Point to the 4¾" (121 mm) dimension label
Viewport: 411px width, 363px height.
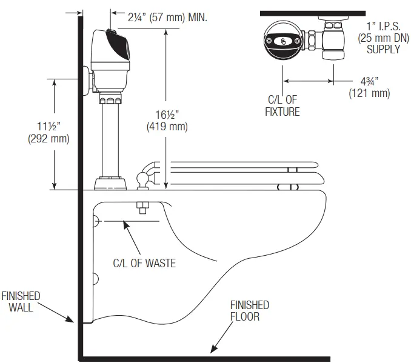pyautogui.click(x=369, y=87)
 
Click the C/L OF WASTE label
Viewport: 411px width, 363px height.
pyautogui.click(x=145, y=263)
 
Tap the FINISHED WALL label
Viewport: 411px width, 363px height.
pyautogui.click(x=21, y=302)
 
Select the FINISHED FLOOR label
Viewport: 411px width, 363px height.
pyautogui.click(x=249, y=311)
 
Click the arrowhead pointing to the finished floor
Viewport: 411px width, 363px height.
pyautogui.click(x=212, y=348)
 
